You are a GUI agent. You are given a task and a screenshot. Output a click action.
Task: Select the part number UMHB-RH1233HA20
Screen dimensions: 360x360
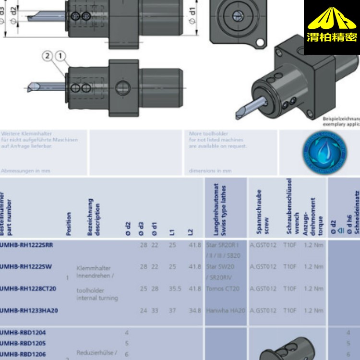click(29, 311)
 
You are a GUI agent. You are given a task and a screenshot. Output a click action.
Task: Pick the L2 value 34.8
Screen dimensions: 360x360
click(195, 311)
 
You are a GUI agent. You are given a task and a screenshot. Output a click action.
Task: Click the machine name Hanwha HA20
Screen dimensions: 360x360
click(225, 311)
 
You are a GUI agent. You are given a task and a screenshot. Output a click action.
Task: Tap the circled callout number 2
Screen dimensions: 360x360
click(48, 57)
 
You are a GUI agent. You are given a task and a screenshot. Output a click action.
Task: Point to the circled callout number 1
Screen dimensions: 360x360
click(60, 57)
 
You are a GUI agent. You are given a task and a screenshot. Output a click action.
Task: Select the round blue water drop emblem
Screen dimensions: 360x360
click(325, 153)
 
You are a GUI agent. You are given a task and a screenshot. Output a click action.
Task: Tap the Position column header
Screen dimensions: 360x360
click(69, 224)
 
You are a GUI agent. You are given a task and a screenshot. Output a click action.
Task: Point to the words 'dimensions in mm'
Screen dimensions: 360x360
click(210, 170)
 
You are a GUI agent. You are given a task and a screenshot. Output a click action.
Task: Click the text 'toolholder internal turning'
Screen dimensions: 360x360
click(96, 294)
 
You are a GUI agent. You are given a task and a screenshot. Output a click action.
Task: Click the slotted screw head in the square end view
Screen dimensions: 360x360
click(237, 15)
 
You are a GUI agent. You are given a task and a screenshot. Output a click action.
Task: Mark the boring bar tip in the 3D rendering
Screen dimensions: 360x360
click(239, 115)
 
